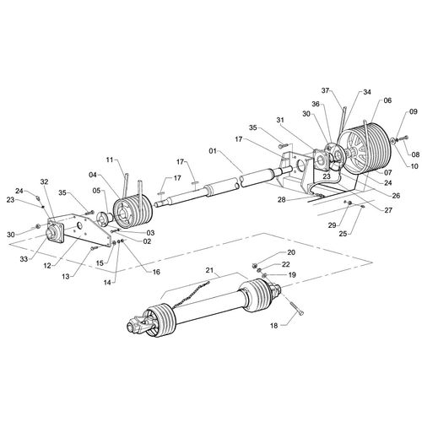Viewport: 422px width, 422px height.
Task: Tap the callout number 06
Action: (387, 100)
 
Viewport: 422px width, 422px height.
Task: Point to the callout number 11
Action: (110, 158)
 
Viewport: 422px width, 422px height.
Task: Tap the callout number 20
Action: (290, 253)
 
